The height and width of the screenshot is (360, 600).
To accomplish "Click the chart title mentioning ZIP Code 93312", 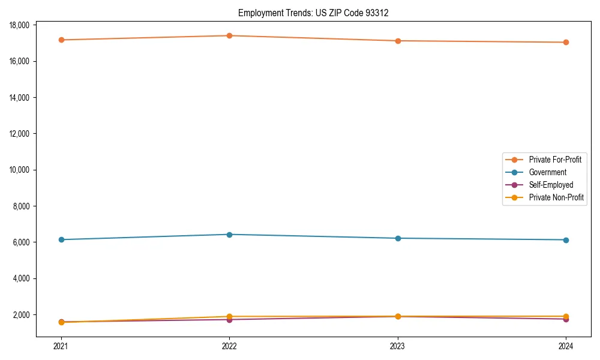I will point(313,13).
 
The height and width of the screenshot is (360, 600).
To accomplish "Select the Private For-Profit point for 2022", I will point(229,35).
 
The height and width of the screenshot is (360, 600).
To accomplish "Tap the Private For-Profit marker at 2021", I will point(61,40).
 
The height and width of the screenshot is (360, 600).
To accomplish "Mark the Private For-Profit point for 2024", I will point(566,42).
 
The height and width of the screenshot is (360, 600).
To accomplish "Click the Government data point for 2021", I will point(61,239).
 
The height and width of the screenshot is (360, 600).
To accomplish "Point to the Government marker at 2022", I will point(229,234).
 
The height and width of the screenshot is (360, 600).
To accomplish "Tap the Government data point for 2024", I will point(566,240).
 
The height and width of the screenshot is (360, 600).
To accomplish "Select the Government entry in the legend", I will point(547,172).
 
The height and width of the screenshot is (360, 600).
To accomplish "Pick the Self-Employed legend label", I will point(551,185).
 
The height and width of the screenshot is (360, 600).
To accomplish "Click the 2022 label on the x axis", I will point(229,346).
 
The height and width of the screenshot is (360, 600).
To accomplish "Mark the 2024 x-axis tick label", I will point(566,346).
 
